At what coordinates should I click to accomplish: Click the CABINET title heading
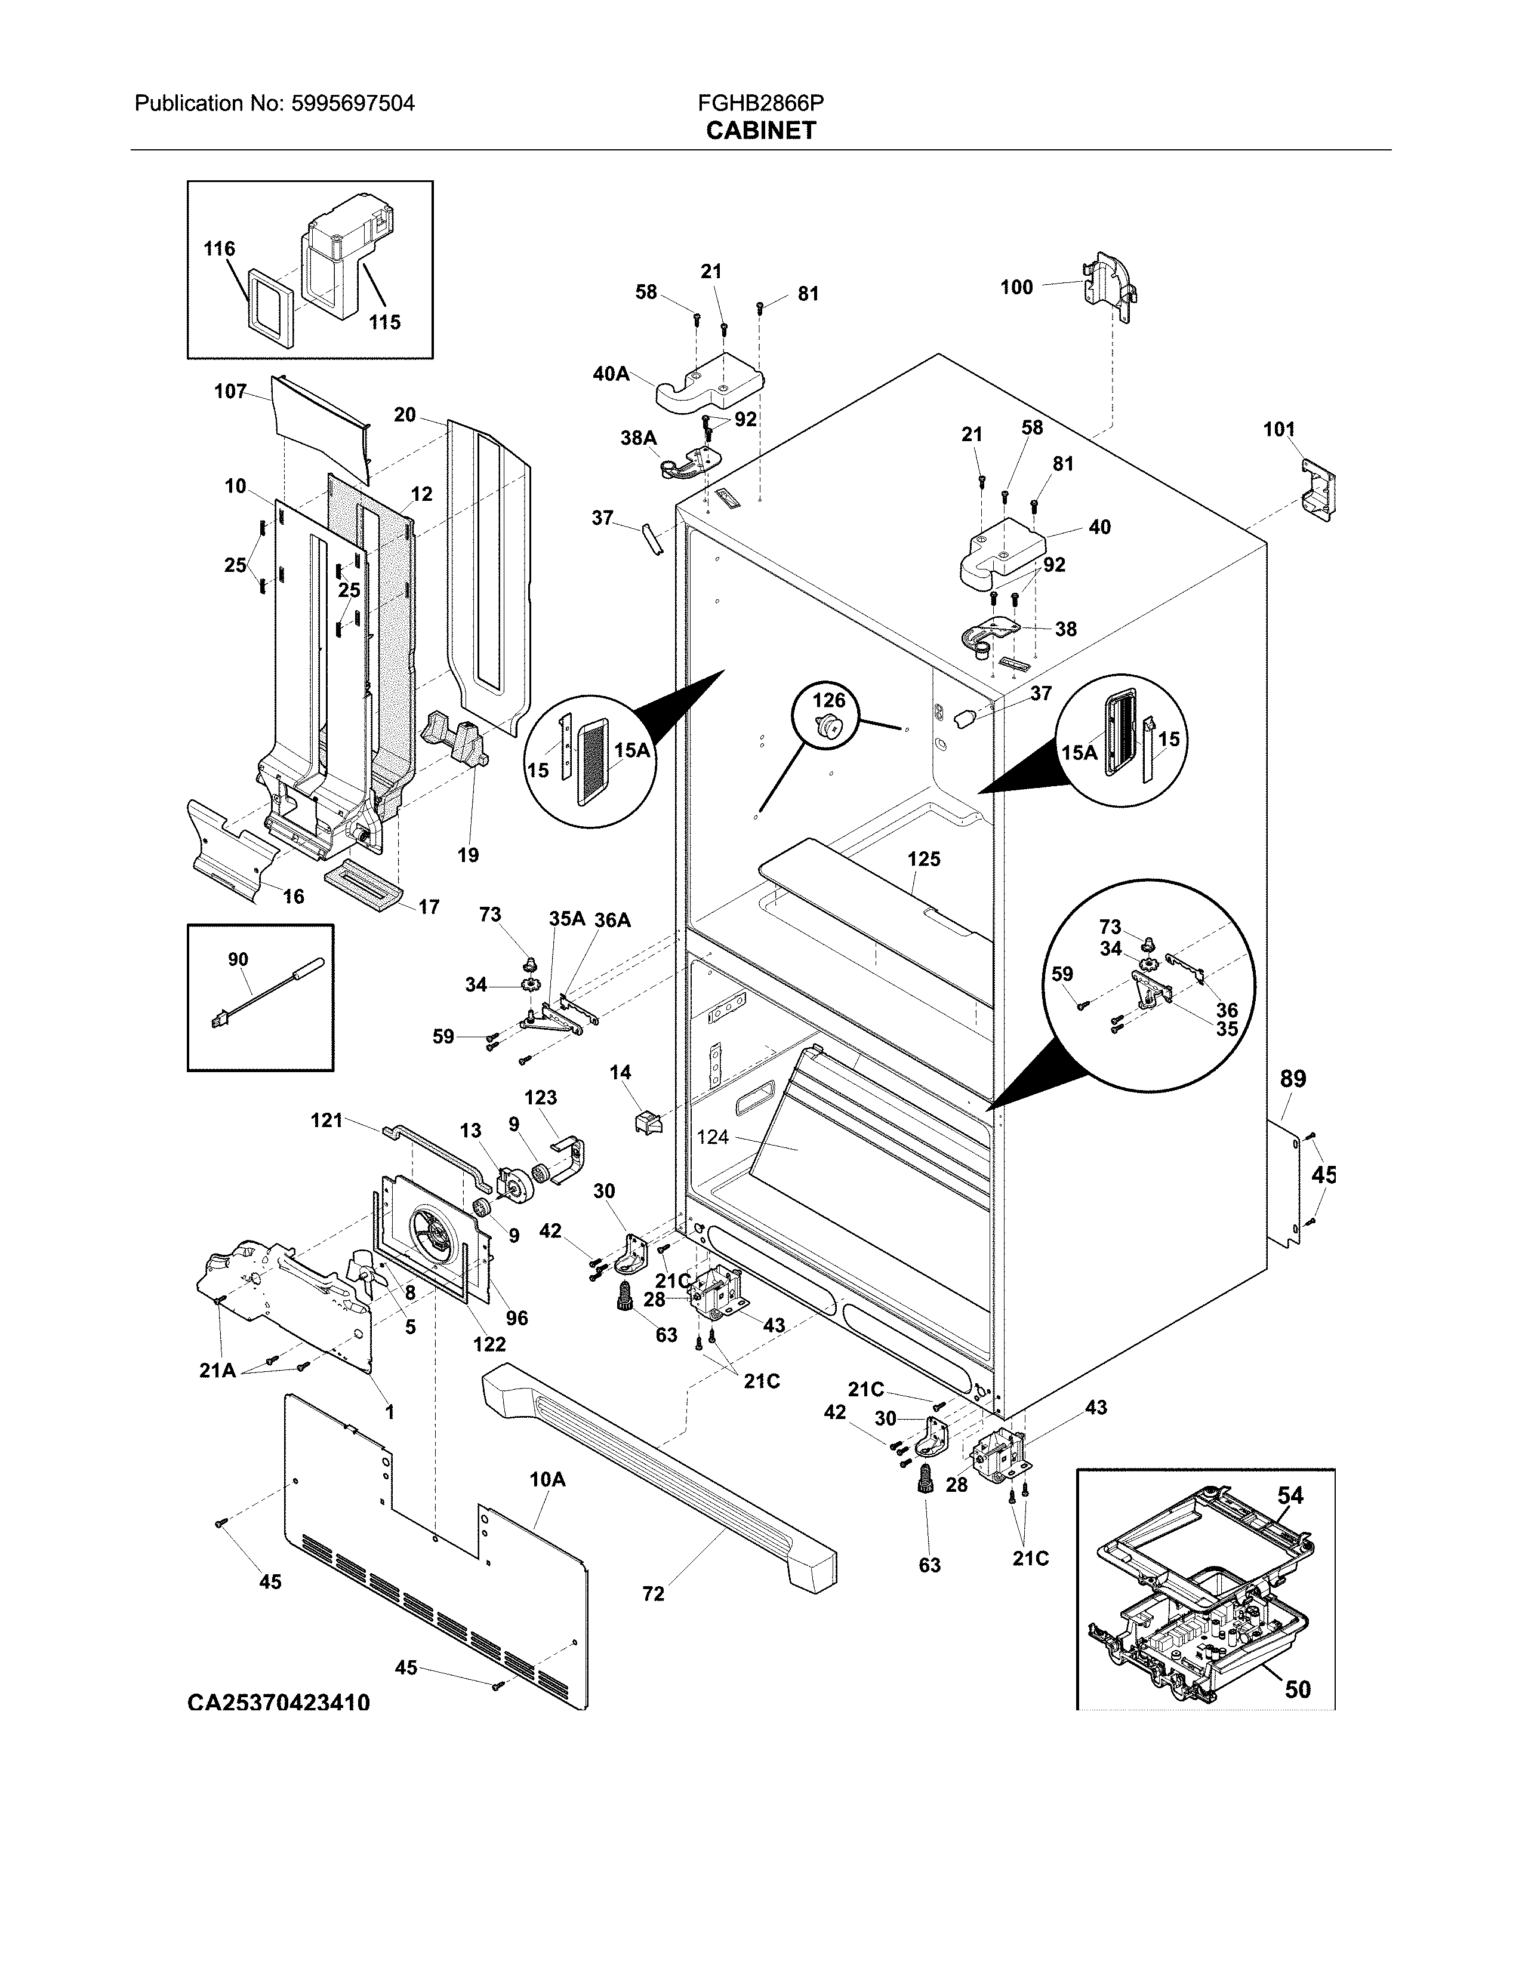click(760, 131)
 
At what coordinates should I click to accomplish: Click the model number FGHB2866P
click(760, 104)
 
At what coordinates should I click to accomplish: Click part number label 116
click(219, 249)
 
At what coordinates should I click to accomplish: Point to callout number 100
click(1016, 288)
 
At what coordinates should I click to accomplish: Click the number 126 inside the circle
click(828, 700)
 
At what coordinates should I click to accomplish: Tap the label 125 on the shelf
click(924, 858)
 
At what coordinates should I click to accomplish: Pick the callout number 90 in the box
click(238, 960)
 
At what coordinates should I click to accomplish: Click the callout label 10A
click(546, 1479)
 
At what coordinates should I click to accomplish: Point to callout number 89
click(1293, 1079)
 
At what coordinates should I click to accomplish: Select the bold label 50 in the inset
click(1296, 1689)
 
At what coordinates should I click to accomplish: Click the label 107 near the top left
click(230, 392)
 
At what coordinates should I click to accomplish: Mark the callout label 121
click(326, 1121)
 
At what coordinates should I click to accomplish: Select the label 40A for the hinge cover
click(611, 374)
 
